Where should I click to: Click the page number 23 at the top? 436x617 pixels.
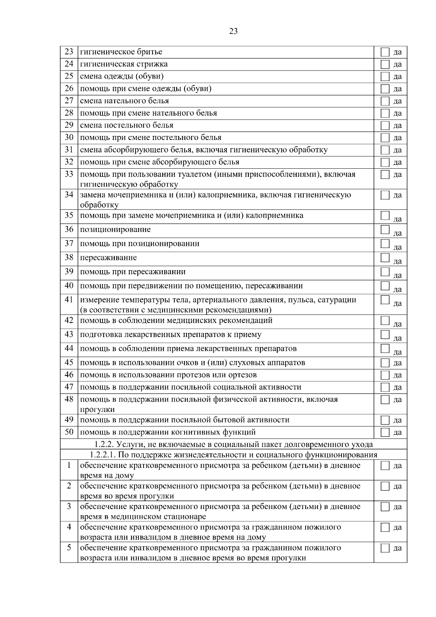click(x=233, y=31)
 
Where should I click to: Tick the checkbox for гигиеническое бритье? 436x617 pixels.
click(x=385, y=52)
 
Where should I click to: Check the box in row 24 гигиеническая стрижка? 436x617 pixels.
click(x=385, y=64)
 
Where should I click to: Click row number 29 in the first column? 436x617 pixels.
click(x=69, y=125)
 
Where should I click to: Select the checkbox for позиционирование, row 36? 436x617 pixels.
click(x=385, y=229)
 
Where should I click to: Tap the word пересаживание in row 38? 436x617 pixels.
click(x=108, y=258)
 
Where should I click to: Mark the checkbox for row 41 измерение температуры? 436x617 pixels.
click(x=385, y=300)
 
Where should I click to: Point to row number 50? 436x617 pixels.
click(x=69, y=432)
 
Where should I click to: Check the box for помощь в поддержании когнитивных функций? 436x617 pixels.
click(x=385, y=432)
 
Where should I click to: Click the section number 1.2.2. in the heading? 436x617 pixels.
click(x=104, y=444)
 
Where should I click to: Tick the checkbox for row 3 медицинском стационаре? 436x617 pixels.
click(x=385, y=507)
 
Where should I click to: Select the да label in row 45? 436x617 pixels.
click(x=397, y=363)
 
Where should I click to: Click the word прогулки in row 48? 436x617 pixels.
click(x=97, y=410)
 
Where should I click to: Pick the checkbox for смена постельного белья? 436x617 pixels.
click(x=385, y=125)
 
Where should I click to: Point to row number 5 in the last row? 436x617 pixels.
click(x=69, y=548)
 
